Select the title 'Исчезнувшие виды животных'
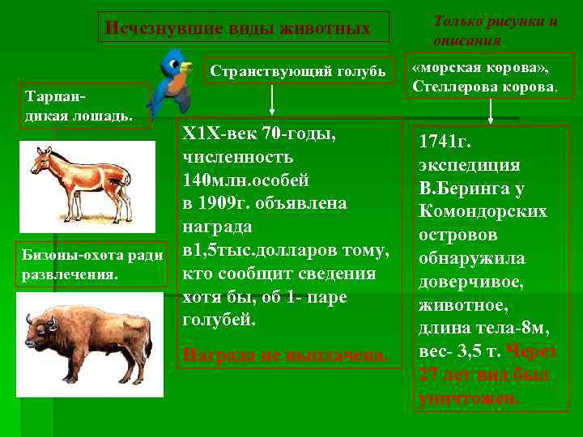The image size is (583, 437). coord(238,29)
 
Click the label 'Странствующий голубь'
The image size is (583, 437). coord(298,71)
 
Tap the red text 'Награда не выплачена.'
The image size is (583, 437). coord(286,354)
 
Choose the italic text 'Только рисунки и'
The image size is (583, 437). coord(496,21)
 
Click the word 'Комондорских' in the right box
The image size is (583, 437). coord(483,212)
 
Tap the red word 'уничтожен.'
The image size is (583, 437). coord(469,398)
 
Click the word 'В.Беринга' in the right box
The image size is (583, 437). coord(461,189)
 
